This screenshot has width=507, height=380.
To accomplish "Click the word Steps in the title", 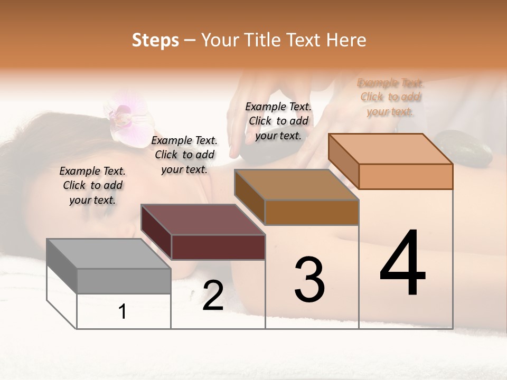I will (x=155, y=40).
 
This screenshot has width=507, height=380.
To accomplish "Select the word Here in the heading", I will (x=346, y=40).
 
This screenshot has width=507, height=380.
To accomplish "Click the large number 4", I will (x=402, y=263).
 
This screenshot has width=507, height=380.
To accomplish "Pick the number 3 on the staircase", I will (x=309, y=280).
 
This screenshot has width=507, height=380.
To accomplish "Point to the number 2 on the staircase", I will (x=213, y=296).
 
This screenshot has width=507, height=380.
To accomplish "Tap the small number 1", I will (x=123, y=311).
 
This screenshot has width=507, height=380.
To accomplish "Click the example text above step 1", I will (x=92, y=185).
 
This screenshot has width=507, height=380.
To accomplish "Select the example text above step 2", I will (x=184, y=155).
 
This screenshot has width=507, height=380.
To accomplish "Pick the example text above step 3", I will (x=278, y=121).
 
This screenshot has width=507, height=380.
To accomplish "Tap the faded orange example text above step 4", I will (x=390, y=97).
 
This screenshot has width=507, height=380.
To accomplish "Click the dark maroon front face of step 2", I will (x=218, y=247).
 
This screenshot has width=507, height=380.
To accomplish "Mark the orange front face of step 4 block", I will (x=406, y=176).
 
